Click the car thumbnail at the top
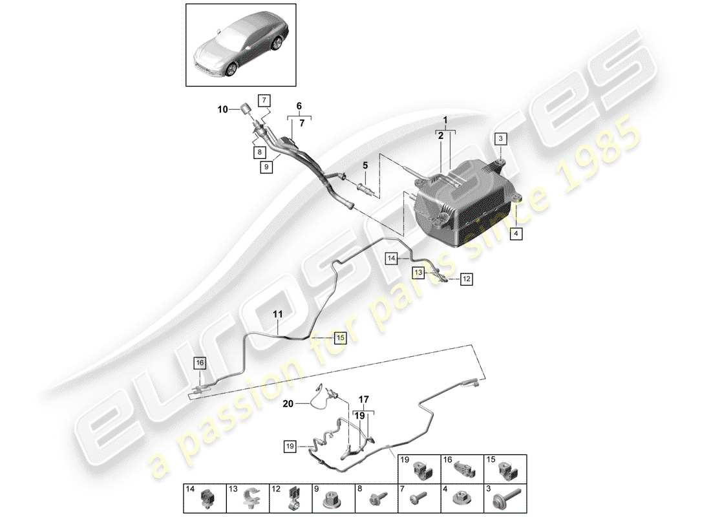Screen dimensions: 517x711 pyautogui.click(x=241, y=45)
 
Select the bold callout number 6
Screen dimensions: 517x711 pyautogui.click(x=299, y=106)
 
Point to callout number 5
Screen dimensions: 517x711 pyautogui.click(x=365, y=165)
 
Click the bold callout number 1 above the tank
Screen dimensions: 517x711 pyautogui.click(x=445, y=120)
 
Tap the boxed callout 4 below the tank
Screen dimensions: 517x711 pyautogui.click(x=516, y=234)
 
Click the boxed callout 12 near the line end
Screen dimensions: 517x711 pyautogui.click(x=466, y=279)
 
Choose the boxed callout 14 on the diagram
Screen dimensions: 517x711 pyautogui.click(x=392, y=258)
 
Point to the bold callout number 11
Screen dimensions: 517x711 pyautogui.click(x=277, y=315)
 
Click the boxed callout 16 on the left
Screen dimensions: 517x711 pyautogui.click(x=200, y=363)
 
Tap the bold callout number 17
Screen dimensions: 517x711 pyautogui.click(x=364, y=399)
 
